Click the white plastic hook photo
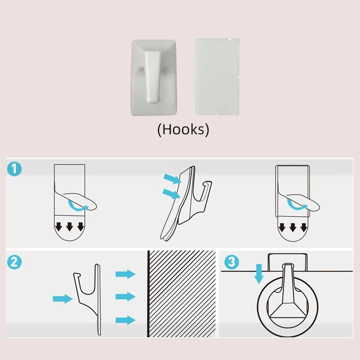pos(154,78)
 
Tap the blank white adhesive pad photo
pos(217,77)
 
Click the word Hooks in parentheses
pos(183,129)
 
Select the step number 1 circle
pos(14,169)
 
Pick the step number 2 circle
pos(14,262)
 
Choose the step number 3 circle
pos(231,262)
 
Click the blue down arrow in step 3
pos(259,274)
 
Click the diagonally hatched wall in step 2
pos(182,294)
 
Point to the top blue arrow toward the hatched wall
pos(125,274)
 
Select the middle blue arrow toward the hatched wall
pos(125,297)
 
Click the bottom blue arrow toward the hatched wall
pos(125,320)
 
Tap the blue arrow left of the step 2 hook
pos(63,299)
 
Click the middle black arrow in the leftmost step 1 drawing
pos(69,226)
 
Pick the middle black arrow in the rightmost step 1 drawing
pos(293,227)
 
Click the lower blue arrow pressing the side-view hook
pos(171,194)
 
